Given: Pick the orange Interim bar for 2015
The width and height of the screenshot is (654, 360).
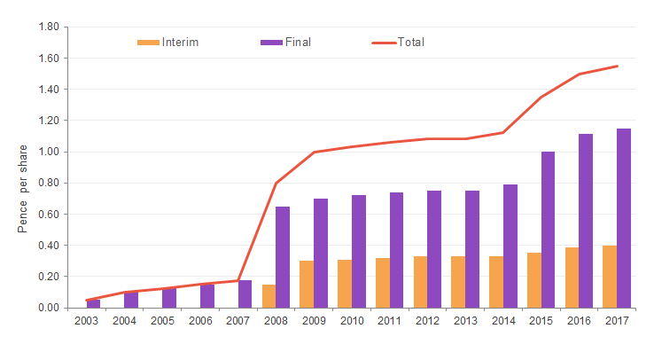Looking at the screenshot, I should tap(533, 280).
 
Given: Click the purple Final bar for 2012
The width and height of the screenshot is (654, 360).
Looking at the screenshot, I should tap(434, 249).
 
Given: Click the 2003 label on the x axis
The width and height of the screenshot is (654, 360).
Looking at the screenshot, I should tap(86, 321).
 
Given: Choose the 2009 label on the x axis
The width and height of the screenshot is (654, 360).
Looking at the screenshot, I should tap(314, 321).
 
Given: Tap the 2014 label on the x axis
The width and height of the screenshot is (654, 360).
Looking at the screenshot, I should tap(502, 321).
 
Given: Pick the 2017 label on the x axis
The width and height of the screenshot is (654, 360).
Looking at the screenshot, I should tap(617, 321).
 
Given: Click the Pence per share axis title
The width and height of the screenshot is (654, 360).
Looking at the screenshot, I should tap(24, 188).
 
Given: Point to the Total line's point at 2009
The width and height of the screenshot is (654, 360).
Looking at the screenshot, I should tap(314, 153).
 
